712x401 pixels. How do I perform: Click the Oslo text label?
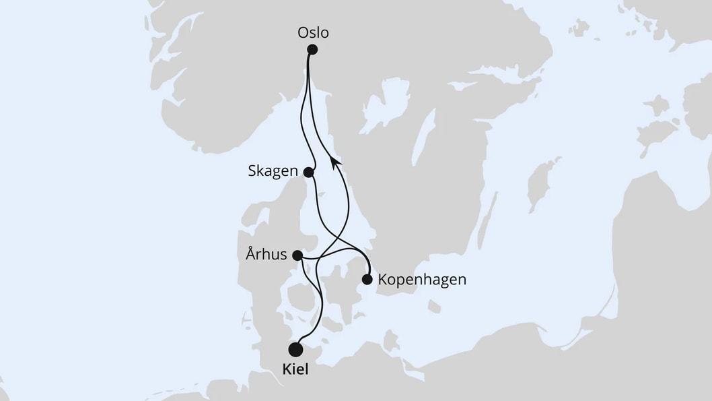point(315,32)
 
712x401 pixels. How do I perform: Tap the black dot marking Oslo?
point(312,49)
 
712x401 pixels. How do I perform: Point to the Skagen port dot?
point(309,172)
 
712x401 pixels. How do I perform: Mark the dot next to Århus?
point(297,255)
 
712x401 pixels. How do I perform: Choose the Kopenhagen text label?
point(423,279)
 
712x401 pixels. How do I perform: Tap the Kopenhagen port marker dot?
point(367,279)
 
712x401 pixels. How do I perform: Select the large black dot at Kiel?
point(295,349)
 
